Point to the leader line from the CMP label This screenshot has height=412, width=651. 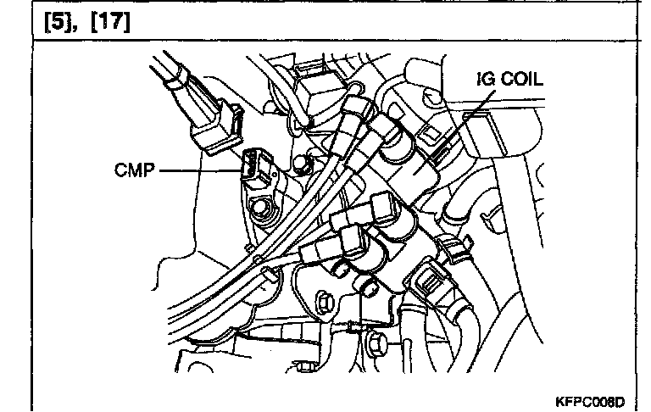tap(199, 170)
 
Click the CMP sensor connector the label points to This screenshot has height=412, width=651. tap(256, 168)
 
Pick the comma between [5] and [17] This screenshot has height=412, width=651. tap(84, 24)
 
